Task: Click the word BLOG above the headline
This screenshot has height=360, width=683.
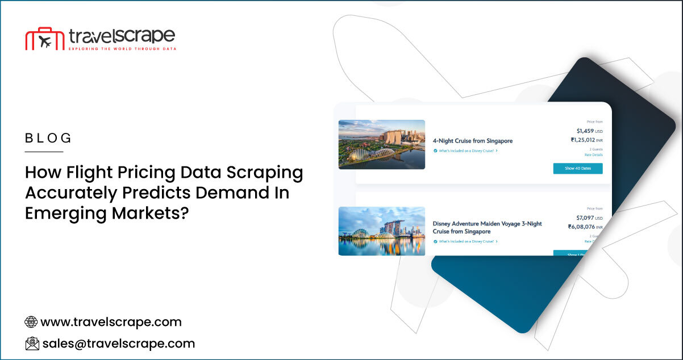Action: tap(48, 138)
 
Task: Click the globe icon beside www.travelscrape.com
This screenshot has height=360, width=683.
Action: tap(31, 322)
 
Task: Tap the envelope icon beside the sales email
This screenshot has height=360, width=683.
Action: tap(32, 343)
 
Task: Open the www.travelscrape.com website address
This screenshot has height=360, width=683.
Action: tap(111, 322)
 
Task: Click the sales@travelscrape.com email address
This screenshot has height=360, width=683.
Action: tap(118, 343)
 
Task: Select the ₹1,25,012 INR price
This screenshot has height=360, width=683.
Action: tap(586, 140)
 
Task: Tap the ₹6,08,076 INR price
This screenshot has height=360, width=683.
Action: tap(585, 227)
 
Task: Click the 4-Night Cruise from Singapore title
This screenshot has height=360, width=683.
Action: tap(472, 141)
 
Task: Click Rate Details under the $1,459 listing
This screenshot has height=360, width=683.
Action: tap(593, 155)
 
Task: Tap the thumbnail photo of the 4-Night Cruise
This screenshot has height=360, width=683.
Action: tap(381, 144)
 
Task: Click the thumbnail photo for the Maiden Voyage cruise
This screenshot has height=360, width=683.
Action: tap(381, 231)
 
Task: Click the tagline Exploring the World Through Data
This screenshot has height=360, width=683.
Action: tap(122, 49)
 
